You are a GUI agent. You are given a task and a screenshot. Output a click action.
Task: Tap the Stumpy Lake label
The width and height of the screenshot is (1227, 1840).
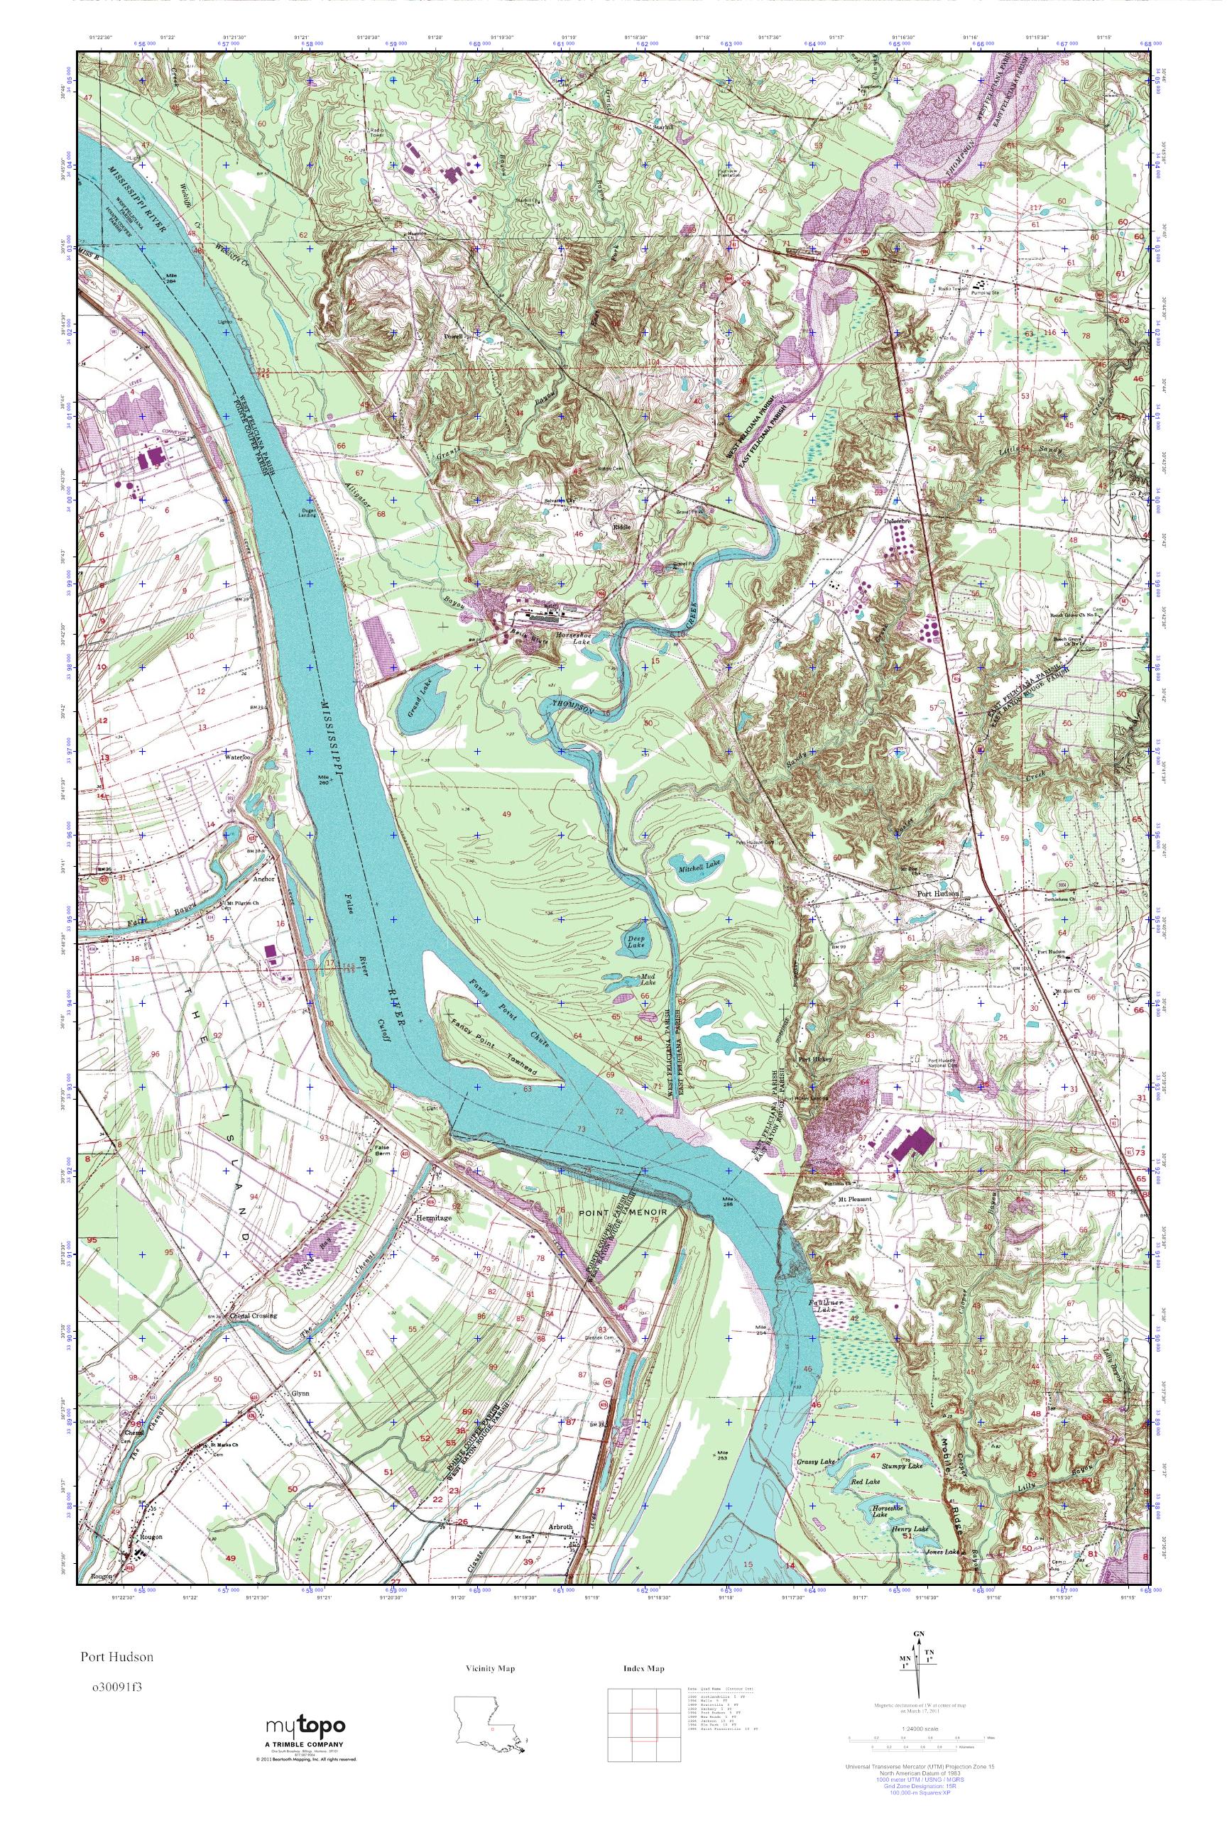point(902,1460)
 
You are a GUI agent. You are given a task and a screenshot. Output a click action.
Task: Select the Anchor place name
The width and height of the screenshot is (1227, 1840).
point(264,879)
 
